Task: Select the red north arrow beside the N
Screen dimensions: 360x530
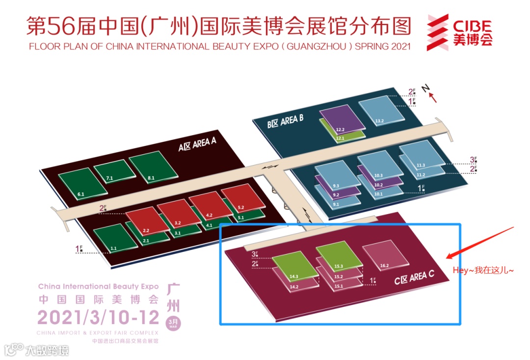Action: point(433,97)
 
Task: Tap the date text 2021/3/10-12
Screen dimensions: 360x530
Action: point(98,317)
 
